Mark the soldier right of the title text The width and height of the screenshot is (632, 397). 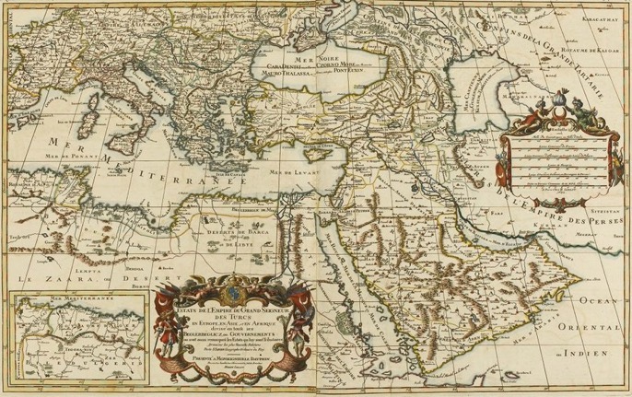coord(301,318)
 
